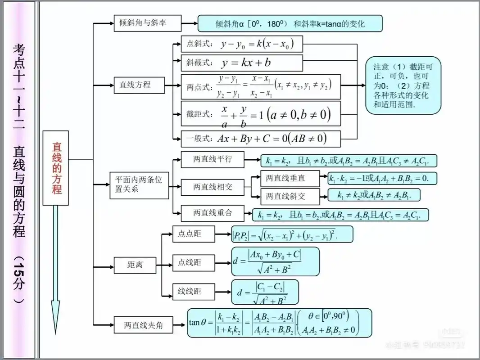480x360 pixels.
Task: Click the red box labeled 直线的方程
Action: coord(56,168)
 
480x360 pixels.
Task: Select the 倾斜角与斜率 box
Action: coord(147,22)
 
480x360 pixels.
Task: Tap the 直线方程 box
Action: coord(139,84)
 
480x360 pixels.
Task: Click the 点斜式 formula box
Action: coord(241,44)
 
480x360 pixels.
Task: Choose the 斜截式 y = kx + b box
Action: coord(241,63)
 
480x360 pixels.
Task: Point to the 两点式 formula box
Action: coord(260,86)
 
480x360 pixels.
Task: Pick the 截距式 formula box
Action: coord(260,113)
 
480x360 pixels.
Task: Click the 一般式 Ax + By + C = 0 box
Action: coord(260,138)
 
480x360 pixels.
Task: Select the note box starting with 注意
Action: coord(403,85)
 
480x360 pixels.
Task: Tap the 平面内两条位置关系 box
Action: coord(139,184)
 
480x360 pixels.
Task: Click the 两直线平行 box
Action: coord(213,159)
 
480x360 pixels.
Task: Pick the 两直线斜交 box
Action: coord(290,196)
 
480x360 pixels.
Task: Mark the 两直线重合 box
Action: coord(213,212)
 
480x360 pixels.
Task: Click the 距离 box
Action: coord(135,265)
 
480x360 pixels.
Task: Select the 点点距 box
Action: coord(190,234)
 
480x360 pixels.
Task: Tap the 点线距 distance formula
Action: coord(275,261)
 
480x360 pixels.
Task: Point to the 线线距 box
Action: coord(190,291)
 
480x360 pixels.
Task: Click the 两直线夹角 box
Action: coord(143,325)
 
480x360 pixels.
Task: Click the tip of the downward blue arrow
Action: coord(55,332)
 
